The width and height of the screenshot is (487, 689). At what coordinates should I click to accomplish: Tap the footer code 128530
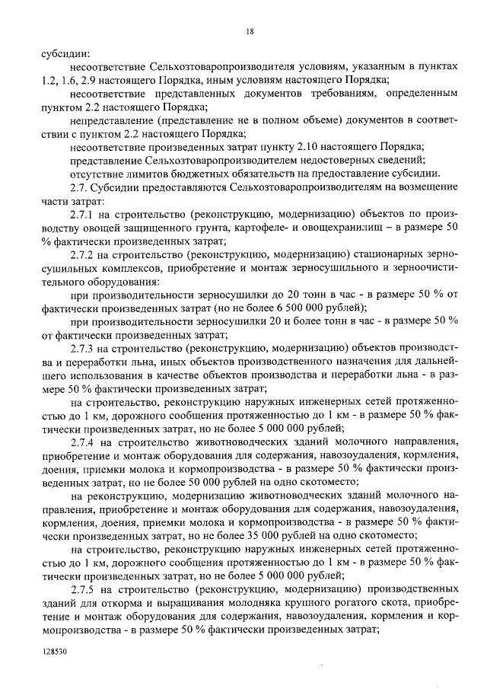click(54, 652)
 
